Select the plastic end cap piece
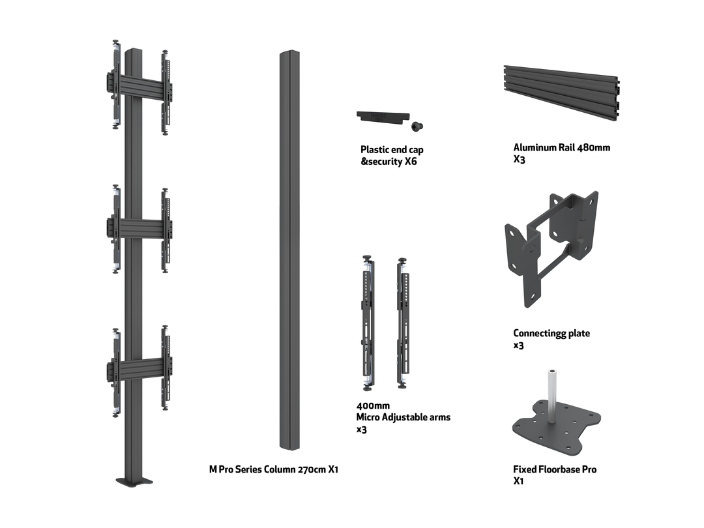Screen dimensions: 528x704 point(381,116)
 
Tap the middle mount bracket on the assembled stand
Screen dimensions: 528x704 point(139,228)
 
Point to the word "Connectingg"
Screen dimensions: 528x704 point(541,333)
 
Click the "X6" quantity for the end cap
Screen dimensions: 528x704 point(410,162)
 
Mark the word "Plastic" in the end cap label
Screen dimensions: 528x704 point(375,150)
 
